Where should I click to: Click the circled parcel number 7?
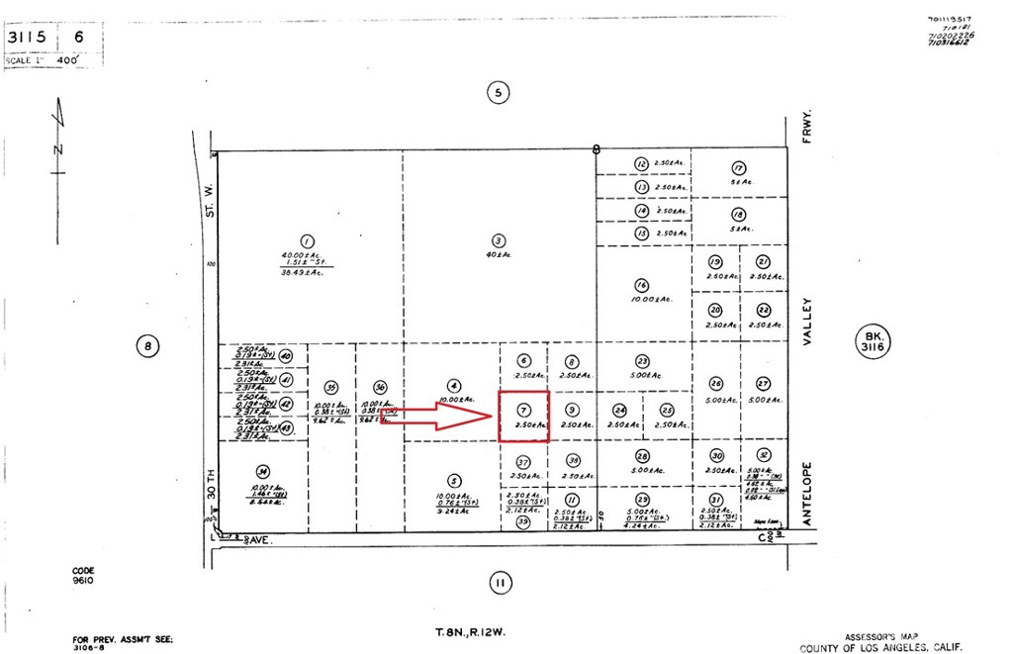(524, 408)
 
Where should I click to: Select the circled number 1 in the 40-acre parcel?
(307, 240)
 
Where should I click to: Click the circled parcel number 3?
(499, 239)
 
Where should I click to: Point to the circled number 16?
(641, 285)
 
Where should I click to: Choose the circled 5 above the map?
(499, 93)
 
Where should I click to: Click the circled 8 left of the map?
(146, 346)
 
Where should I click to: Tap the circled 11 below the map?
(500, 584)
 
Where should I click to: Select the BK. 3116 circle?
(873, 343)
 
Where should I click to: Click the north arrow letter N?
(58, 150)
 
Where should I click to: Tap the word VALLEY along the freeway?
(807, 322)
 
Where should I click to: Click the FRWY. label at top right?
(807, 127)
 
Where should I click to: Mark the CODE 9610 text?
(84, 576)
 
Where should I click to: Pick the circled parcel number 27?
(763, 384)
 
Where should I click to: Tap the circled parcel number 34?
(263, 471)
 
